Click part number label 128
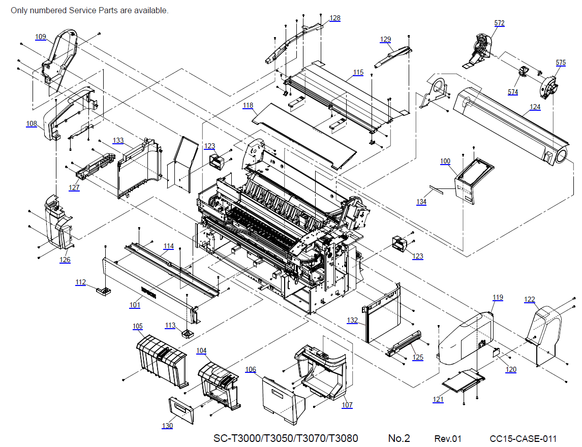[335, 18]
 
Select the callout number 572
[500, 23]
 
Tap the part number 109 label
[41, 37]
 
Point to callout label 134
[421, 202]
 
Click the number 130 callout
[168, 426]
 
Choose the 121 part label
[438, 400]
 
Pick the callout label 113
[170, 326]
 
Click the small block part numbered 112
[104, 292]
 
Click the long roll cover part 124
[513, 122]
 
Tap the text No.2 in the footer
[399, 438]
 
